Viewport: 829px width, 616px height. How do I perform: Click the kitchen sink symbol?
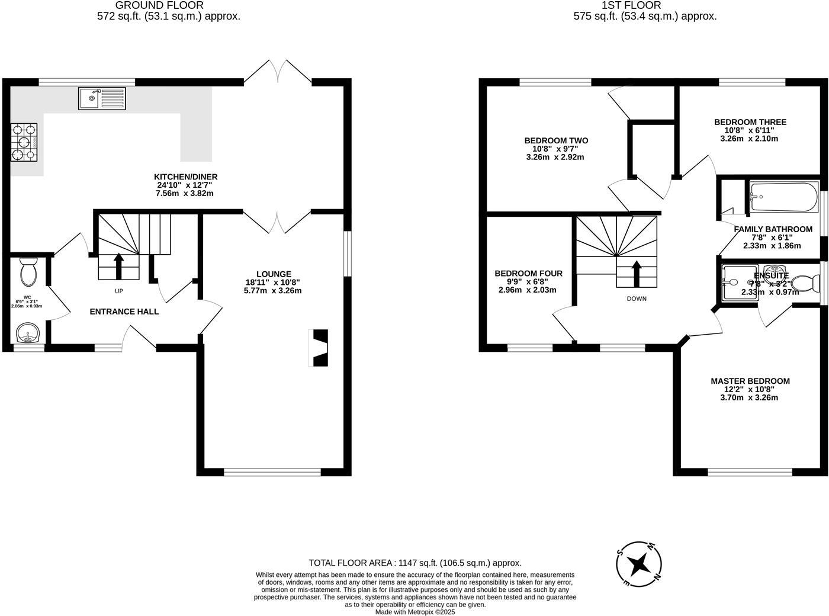102,98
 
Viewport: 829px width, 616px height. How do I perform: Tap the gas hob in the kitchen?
24,142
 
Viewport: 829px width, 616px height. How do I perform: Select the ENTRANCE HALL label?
124,312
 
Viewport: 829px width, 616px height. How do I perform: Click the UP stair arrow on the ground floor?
118,266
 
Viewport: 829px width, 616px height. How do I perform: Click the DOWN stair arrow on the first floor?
637,273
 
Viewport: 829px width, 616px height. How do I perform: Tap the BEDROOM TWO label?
556,140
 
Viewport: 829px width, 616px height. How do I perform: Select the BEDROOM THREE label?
750,122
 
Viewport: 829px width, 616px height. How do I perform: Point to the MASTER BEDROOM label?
750,381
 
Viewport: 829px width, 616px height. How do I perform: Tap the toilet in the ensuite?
802,284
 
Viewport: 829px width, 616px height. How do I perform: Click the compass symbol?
638,563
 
